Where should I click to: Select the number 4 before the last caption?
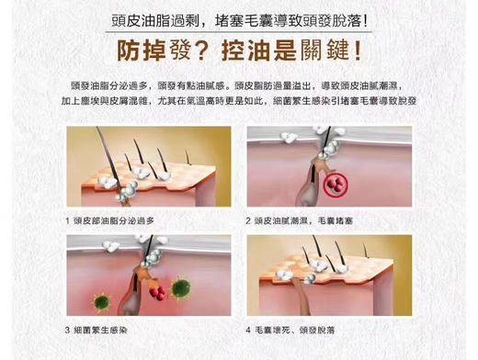pyautogui.click(x=248, y=329)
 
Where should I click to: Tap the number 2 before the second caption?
pyautogui.click(x=248, y=220)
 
